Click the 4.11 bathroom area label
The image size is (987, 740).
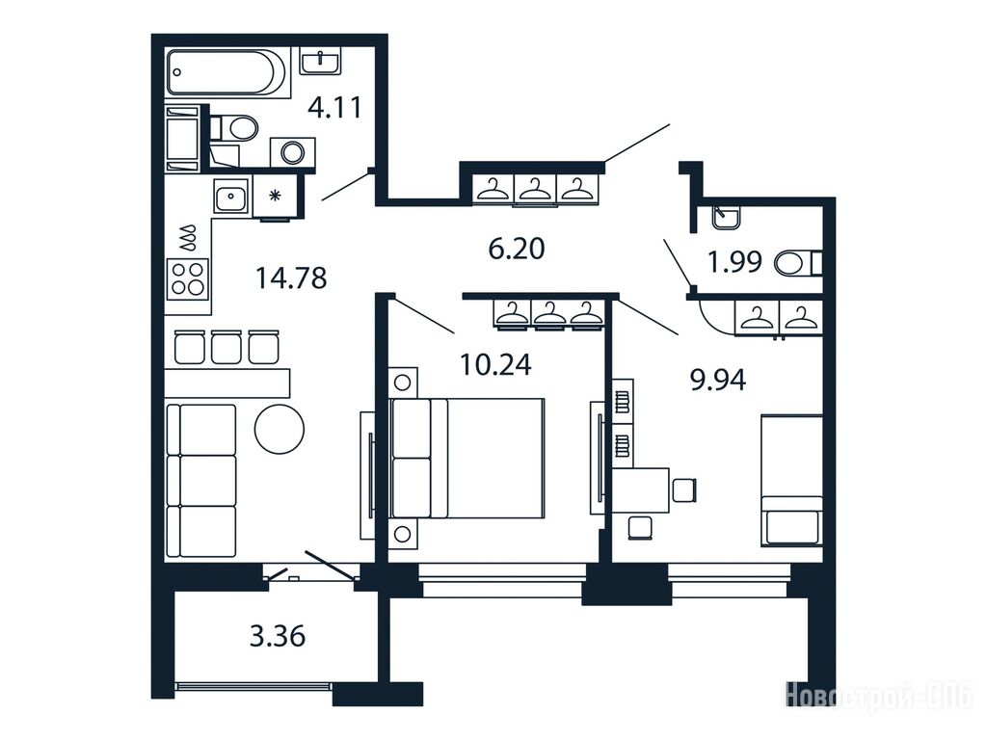[334, 107]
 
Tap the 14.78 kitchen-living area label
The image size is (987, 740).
[291, 277]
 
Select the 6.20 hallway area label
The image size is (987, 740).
[517, 249]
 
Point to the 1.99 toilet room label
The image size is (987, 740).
[734, 262]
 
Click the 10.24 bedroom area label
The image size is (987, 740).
[496, 364]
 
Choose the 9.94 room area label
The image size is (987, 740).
[717, 380]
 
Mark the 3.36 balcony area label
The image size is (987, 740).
[278, 636]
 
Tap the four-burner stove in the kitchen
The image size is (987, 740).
[188, 278]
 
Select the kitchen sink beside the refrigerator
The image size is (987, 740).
[231, 197]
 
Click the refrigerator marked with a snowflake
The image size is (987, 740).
[275, 196]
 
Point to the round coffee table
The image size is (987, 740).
[280, 429]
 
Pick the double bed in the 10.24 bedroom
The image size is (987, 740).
[467, 458]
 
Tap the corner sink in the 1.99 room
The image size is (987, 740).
[727, 218]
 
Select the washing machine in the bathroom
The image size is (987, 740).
[293, 151]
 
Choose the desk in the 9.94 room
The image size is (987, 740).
[641, 490]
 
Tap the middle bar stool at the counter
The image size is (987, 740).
[226, 347]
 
